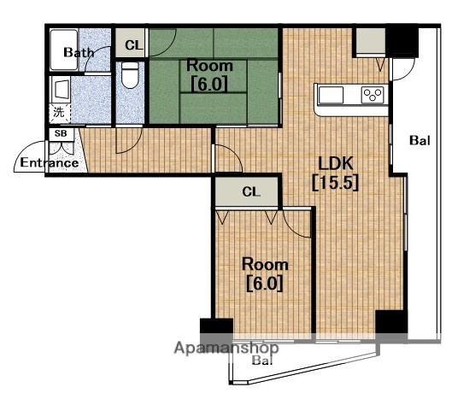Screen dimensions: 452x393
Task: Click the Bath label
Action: [79, 52]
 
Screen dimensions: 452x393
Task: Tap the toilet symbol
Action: [130, 75]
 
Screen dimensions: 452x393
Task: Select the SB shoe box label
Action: [61, 133]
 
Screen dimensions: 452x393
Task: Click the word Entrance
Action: [50, 163]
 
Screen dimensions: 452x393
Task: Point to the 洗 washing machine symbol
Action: [59, 112]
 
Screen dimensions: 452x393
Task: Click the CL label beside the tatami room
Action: [134, 45]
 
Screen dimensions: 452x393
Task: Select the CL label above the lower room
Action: [251, 191]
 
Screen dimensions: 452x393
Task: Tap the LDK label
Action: [336, 163]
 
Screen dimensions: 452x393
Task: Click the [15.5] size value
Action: [336, 183]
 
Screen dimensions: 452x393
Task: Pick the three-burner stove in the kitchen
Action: [373, 95]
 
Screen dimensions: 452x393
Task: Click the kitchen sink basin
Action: [331, 95]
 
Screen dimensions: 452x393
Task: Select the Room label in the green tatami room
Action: [209, 66]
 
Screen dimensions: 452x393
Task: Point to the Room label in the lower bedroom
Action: [265, 264]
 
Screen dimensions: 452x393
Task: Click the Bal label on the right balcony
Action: [420, 140]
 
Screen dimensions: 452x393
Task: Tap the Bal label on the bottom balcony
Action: [262, 361]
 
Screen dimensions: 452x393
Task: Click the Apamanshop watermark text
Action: [226, 348]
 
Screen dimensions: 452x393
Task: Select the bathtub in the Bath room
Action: [64, 50]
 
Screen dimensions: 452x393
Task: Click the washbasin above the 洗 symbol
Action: [61, 90]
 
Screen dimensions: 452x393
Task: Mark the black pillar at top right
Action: [402, 41]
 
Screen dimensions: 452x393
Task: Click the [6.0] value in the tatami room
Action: [209, 84]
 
